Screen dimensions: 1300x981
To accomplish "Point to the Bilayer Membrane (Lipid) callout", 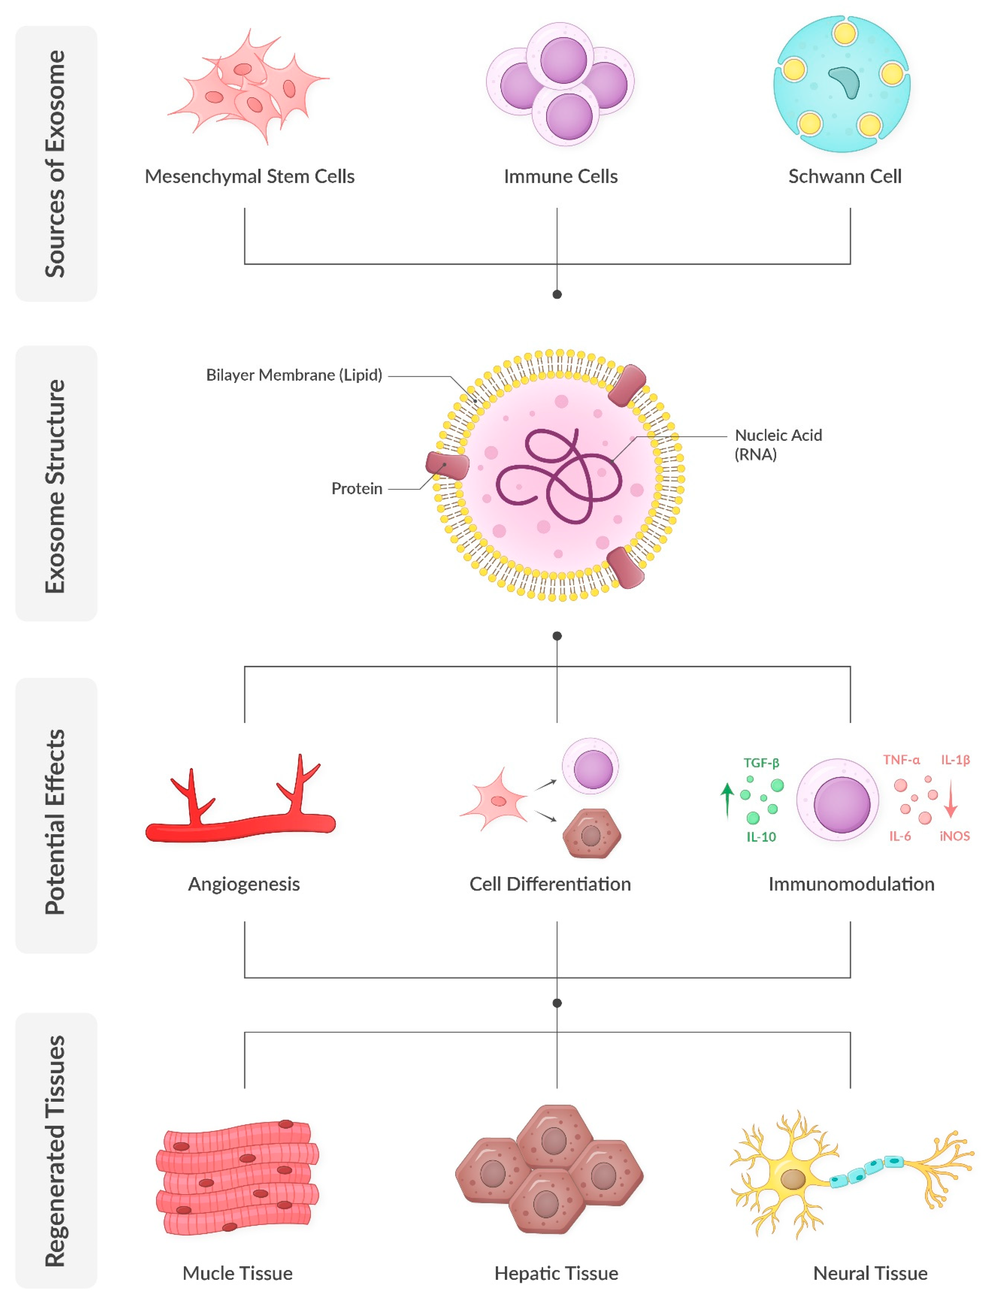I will click(x=294, y=375).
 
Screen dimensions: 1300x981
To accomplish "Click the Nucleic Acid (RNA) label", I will click(x=778, y=444).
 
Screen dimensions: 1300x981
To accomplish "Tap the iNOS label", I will click(x=954, y=836).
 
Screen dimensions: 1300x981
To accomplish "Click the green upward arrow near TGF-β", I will click(x=727, y=799).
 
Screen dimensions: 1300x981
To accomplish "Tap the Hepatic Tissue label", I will click(x=556, y=1273).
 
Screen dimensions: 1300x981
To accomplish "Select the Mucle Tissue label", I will click(x=237, y=1273).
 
